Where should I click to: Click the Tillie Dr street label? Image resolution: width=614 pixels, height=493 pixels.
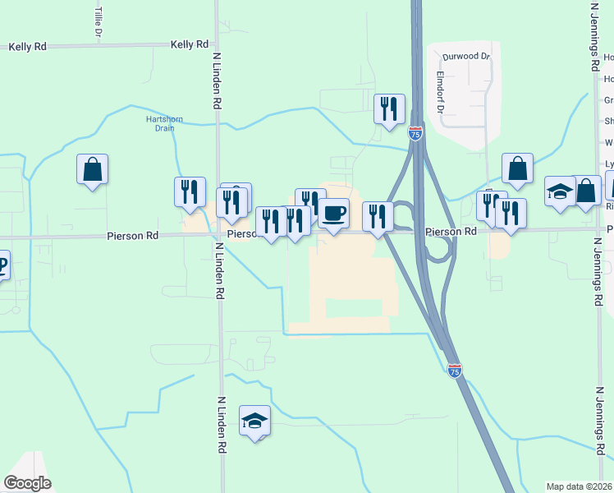click(x=99, y=23)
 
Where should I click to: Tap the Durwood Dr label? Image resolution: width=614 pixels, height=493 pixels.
click(x=465, y=57)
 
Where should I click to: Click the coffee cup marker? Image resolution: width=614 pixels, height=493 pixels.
click(x=333, y=214)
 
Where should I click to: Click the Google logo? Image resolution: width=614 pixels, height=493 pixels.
click(x=27, y=483)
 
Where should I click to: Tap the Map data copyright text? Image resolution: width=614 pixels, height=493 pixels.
click(x=580, y=486)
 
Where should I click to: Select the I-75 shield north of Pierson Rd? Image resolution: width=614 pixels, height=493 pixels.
click(x=416, y=134)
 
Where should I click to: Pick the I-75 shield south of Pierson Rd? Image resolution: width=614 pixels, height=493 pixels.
click(x=455, y=371)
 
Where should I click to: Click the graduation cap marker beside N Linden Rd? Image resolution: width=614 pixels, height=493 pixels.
click(x=255, y=421)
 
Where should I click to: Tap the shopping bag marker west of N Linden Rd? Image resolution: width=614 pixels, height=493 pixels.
click(x=93, y=170)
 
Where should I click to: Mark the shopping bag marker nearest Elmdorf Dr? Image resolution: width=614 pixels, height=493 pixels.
click(x=517, y=169)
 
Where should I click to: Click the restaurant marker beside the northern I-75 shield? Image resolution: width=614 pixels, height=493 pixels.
click(x=389, y=108)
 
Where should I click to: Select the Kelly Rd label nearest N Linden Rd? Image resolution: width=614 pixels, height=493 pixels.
click(x=190, y=44)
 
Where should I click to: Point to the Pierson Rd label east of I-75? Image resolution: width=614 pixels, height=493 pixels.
click(x=451, y=233)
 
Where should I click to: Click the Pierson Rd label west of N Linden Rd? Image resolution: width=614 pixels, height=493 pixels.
click(x=132, y=236)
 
